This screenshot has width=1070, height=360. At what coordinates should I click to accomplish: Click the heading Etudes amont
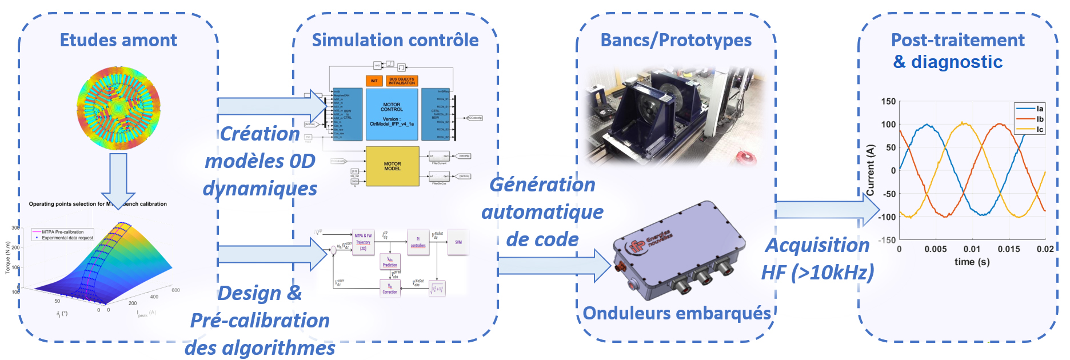tap(118, 40)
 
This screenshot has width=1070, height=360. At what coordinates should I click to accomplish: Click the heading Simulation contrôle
tap(395, 40)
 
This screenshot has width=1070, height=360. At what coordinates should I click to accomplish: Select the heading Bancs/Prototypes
tap(676, 40)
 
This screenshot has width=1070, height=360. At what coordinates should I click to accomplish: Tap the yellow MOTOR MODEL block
tap(392, 166)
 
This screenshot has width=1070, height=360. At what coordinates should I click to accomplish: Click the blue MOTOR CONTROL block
tap(392, 114)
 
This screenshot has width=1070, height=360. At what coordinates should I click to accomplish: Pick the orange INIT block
tap(374, 81)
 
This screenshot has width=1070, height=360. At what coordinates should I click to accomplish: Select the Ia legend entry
tap(1039, 109)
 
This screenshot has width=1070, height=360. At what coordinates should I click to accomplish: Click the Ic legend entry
tap(1039, 130)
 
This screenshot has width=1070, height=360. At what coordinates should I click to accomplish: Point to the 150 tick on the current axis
tap(888, 102)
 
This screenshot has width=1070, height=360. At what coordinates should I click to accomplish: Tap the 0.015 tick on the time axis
tap(1008, 249)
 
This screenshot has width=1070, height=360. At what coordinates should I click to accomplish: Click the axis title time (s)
tap(972, 262)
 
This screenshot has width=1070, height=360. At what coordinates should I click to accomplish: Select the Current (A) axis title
tap(871, 170)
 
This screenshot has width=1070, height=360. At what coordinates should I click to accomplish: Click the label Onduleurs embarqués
tap(677, 313)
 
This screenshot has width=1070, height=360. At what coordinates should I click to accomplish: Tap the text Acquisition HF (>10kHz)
tap(817, 259)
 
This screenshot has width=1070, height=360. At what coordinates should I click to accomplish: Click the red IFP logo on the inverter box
tap(636, 246)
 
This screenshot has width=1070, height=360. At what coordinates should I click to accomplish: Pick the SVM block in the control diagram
tap(458, 242)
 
